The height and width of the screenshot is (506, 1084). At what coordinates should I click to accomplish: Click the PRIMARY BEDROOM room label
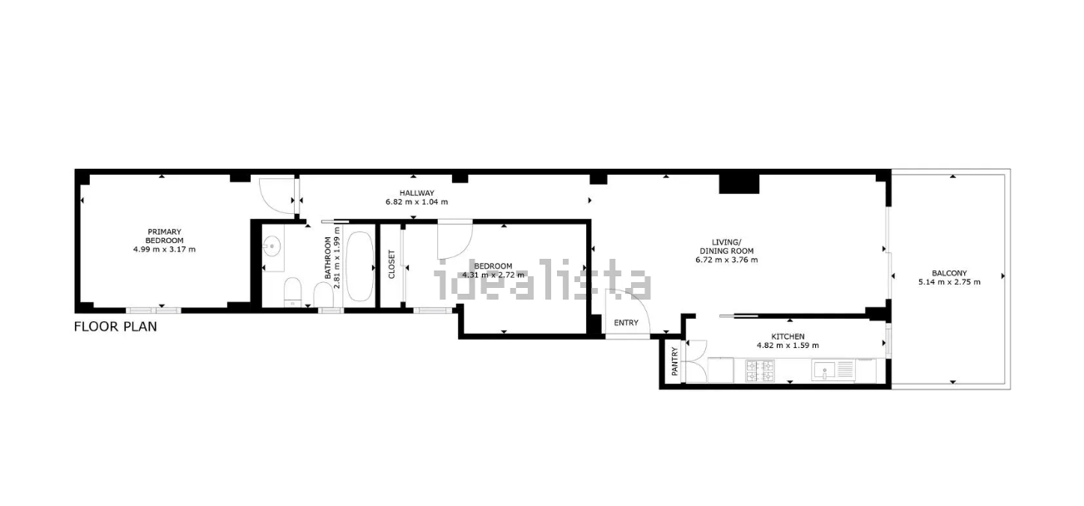point(164,236)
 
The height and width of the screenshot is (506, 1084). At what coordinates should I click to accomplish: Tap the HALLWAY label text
point(416,193)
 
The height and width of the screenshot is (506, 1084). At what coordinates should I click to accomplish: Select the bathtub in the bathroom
point(360,265)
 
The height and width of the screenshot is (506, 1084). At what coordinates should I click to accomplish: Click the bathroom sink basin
point(271,246)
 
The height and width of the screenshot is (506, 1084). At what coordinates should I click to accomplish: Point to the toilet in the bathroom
point(292,293)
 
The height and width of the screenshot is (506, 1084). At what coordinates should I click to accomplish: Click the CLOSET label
point(392,265)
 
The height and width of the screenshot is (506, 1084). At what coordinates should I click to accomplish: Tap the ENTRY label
point(626,323)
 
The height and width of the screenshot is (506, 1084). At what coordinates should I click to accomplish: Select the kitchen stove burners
point(759,370)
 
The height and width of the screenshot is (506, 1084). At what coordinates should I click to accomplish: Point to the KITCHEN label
point(788,336)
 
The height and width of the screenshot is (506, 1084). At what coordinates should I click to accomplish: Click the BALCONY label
point(949,273)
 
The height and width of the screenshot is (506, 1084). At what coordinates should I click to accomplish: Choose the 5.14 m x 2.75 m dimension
point(949,282)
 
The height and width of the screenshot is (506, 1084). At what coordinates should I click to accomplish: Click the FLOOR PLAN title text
point(116,327)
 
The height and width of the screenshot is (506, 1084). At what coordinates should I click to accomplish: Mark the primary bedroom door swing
point(273,193)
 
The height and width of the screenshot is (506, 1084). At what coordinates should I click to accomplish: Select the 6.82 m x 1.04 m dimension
point(416,202)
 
